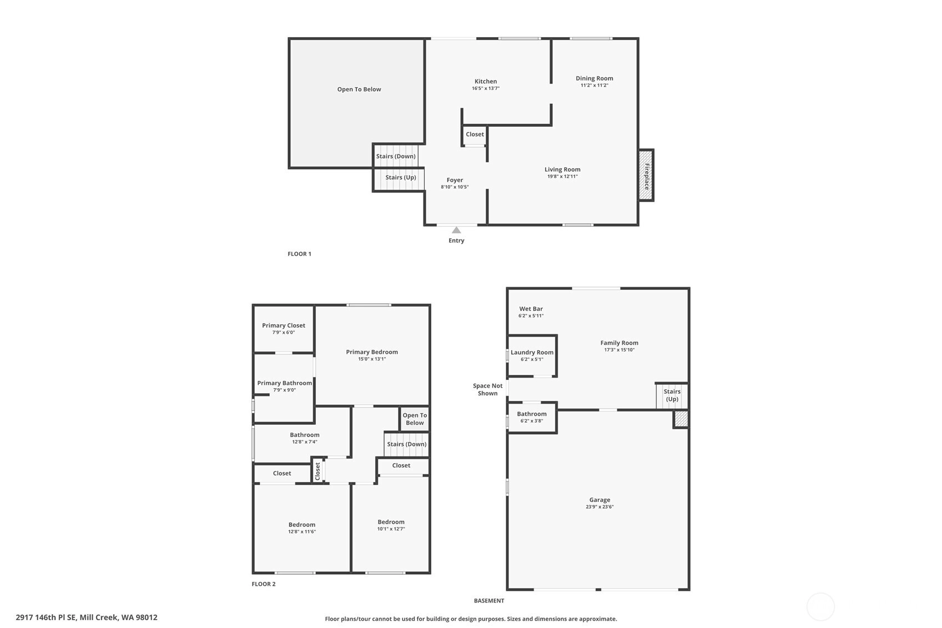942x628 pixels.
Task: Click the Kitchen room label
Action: [x=486, y=81]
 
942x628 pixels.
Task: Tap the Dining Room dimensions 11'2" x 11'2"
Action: [x=594, y=86]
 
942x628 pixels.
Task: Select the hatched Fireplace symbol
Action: [x=646, y=175]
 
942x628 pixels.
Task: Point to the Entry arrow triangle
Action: [x=456, y=230]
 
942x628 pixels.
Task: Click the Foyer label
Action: [x=455, y=179]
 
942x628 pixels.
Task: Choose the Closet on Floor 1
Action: [x=475, y=134]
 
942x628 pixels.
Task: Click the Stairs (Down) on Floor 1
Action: [x=396, y=156]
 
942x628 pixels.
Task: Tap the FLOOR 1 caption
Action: [x=299, y=254]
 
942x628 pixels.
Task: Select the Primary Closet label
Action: [x=284, y=325]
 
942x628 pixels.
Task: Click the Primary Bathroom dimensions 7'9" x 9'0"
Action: [x=285, y=390]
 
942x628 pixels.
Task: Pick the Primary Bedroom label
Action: [x=372, y=351]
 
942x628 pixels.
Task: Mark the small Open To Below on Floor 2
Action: [x=415, y=419]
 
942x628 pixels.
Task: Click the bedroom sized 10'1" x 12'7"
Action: [x=391, y=525]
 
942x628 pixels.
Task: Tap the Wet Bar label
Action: [x=531, y=309]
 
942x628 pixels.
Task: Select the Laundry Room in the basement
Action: [x=532, y=355]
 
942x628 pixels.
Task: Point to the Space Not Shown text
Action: [x=487, y=389]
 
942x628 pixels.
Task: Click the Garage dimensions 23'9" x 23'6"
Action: [x=600, y=507]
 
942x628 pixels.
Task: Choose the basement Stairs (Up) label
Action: [x=672, y=395]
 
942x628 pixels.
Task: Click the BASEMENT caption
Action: [x=488, y=601]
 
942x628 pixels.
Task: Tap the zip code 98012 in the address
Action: [x=147, y=617]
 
